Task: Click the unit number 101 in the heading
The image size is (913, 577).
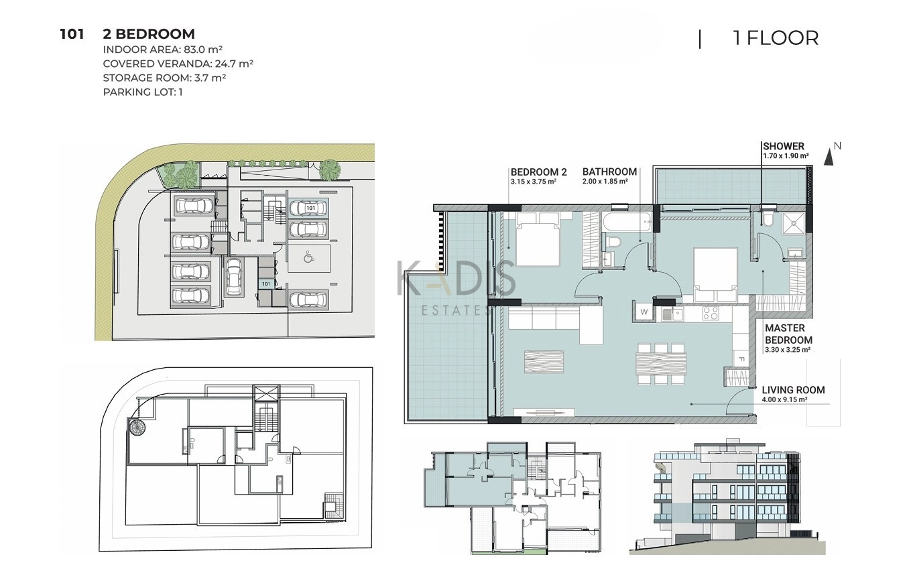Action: click(x=72, y=34)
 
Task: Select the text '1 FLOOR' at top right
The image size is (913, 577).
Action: click(x=776, y=38)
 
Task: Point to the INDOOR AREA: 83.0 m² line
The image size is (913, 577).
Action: click(x=163, y=50)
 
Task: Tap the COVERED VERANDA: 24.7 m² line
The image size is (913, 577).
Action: click(x=178, y=64)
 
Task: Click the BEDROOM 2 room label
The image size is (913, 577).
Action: click(x=538, y=172)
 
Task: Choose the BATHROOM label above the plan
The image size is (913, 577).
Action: click(x=609, y=172)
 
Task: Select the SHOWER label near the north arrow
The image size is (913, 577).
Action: click(x=784, y=146)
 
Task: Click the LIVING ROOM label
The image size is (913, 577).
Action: click(x=793, y=391)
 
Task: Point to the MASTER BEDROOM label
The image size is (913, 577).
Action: click(x=788, y=334)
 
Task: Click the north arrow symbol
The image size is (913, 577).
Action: click(x=829, y=157)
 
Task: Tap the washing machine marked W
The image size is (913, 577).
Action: click(x=644, y=312)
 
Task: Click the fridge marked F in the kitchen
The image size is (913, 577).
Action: click(x=741, y=359)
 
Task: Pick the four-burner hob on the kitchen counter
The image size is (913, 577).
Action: click(x=711, y=314)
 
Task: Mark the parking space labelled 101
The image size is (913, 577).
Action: click(x=308, y=208)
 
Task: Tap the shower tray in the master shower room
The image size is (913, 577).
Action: click(x=793, y=224)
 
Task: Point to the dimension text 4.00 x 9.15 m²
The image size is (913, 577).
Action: click(x=784, y=399)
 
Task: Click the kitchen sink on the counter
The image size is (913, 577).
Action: click(x=672, y=314)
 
